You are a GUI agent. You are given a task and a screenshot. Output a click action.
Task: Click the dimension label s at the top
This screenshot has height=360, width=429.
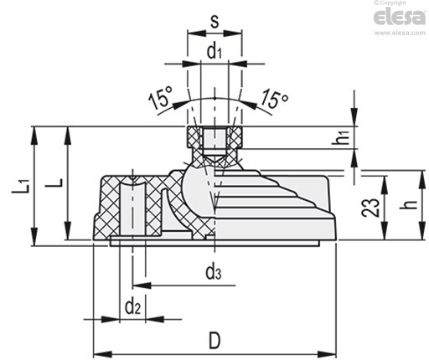click(214, 22)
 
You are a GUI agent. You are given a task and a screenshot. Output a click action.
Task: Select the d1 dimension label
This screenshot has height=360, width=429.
click(214, 51)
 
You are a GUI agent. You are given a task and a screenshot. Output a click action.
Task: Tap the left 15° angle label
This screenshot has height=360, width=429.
click(161, 98)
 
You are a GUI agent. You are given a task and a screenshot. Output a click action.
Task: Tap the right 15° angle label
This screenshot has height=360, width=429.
click(275, 98)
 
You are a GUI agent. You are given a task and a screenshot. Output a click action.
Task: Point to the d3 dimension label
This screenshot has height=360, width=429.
click(214, 272)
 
